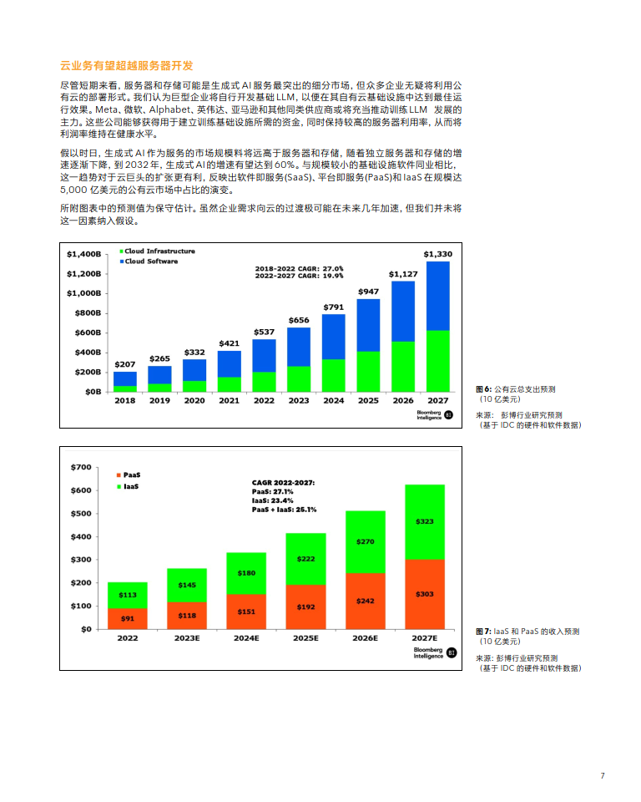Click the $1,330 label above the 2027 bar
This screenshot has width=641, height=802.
coord(438,254)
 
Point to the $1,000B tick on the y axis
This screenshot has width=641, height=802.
coord(84,293)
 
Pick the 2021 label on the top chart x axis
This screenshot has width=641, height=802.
coord(229,400)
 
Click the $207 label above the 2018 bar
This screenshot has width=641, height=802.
coord(125,365)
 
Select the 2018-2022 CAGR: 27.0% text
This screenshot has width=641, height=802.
coord(299,268)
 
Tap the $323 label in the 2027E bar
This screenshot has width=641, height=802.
coord(424,521)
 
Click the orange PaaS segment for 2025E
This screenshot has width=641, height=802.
coord(305,607)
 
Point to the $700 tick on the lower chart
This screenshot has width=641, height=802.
coord(81,466)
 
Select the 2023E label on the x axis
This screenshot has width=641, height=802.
coord(187,637)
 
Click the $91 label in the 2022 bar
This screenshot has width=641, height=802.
coord(127,619)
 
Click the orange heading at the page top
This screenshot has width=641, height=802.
coord(127,65)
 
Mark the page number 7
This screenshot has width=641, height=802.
coord(602,776)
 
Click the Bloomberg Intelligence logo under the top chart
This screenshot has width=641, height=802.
coord(433,415)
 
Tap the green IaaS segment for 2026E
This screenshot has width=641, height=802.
coord(365,541)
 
